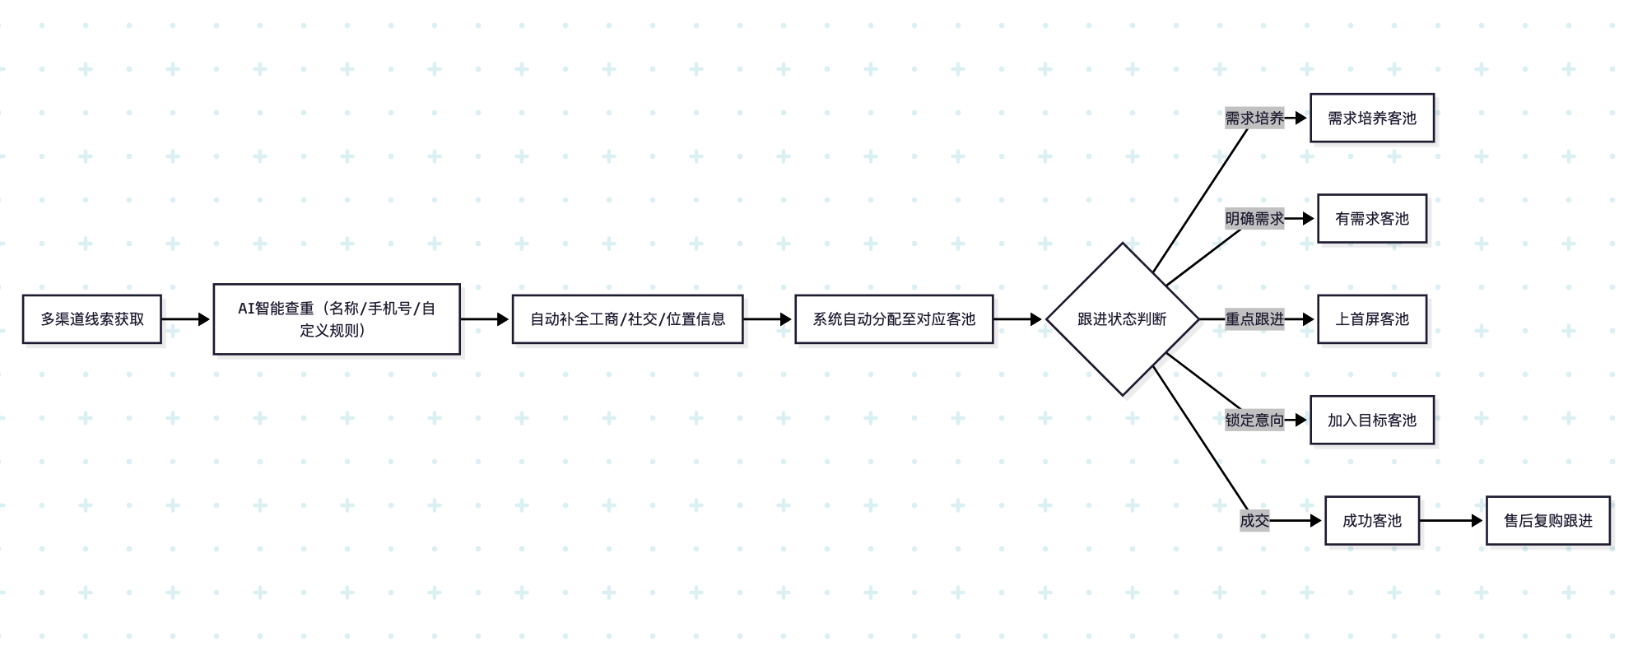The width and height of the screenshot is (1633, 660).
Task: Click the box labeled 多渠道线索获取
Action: coord(91,319)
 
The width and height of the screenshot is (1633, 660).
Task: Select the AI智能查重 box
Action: coord(337,319)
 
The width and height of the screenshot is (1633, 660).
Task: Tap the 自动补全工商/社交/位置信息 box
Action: coord(627,319)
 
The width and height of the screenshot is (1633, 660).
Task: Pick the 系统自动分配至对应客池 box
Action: coord(894,319)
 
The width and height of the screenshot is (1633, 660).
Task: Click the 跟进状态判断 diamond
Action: coord(1122,319)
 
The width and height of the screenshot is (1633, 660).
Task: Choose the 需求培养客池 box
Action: coord(1371,119)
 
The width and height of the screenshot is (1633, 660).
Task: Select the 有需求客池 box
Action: coord(1371,219)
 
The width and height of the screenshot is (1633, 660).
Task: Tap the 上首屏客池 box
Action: coord(1371,319)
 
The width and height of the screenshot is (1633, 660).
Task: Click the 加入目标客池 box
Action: coord(1371,421)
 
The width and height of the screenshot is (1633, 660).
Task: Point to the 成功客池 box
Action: coord(1371,521)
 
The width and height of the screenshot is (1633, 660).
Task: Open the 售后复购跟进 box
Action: coord(1547,521)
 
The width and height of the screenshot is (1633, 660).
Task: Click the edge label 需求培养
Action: coord(1254,119)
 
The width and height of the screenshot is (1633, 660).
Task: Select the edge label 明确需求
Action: coord(1254,219)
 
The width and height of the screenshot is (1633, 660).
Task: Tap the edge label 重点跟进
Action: coord(1254,319)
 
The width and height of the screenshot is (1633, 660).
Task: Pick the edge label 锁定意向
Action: coord(1254,421)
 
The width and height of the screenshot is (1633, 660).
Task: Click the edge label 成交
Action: coord(1254,521)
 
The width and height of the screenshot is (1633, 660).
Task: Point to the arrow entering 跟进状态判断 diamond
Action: coord(1019,319)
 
